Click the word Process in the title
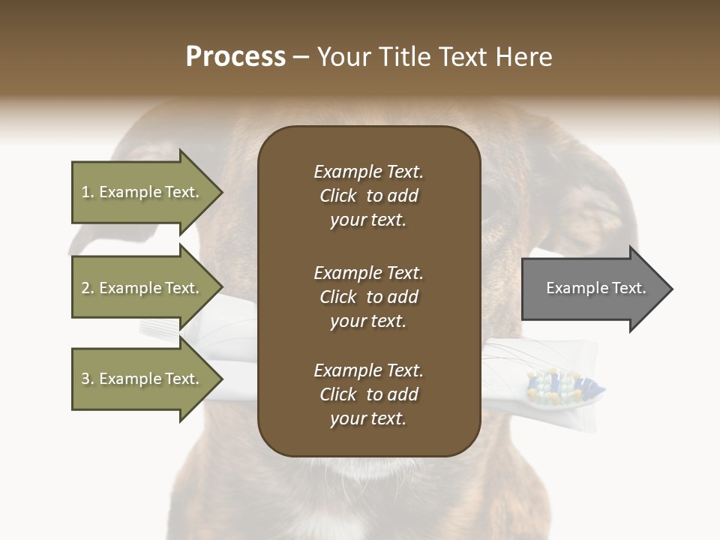pos(235,57)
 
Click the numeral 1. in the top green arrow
pos(88,192)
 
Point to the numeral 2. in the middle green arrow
pos(88,288)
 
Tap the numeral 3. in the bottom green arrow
pos(88,379)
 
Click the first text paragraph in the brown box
pos(368,196)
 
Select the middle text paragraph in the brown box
pos(368,297)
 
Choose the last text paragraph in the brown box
pos(368,394)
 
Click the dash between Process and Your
pos(301,58)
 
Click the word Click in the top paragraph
pos(337,196)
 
